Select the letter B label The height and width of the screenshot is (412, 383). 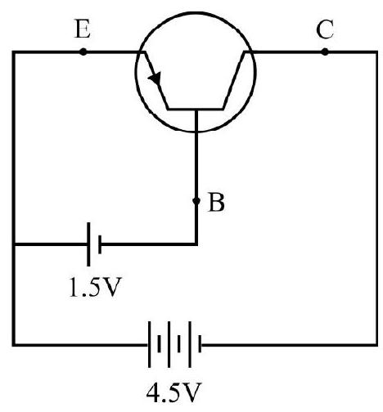[216, 202]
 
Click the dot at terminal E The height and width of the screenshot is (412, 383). [83, 51]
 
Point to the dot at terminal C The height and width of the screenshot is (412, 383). [325, 51]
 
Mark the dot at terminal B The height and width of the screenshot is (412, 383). [196, 201]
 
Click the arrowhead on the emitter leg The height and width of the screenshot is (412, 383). [155, 78]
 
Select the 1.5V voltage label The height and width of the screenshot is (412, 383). [94, 287]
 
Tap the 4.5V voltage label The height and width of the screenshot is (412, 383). [174, 392]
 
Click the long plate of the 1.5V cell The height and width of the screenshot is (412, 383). [88, 244]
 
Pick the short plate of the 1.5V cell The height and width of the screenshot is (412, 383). [100, 244]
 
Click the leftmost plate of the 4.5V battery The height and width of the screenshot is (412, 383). [149, 344]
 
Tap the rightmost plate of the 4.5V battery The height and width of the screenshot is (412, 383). [200, 344]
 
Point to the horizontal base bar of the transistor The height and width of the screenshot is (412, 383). [196, 109]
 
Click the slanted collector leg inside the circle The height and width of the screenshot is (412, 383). [234, 80]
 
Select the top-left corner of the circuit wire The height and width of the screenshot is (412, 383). [14, 51]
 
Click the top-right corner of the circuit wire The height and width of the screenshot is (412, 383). [376, 51]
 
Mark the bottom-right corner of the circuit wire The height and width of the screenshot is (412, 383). [376, 345]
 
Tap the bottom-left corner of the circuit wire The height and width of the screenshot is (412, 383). [14, 345]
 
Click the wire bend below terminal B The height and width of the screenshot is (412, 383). [196, 244]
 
